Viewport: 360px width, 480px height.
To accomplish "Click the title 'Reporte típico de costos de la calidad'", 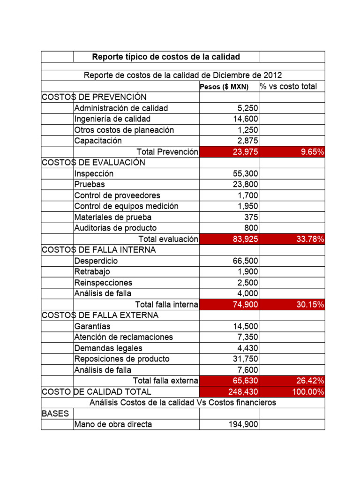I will [166, 57].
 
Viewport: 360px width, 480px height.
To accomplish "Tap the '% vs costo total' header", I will [288, 86].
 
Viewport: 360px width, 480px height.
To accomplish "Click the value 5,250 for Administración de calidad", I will [248, 108].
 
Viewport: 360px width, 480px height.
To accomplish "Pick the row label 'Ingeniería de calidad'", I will [112, 119].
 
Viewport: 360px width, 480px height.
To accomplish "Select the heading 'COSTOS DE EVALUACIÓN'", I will [93, 163].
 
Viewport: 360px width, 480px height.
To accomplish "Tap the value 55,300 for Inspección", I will [246, 173].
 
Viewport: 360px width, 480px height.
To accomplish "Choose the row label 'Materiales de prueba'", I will [113, 217].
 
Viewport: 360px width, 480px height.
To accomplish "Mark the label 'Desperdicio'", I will [96, 261].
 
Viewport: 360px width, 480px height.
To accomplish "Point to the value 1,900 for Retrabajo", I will [248, 272].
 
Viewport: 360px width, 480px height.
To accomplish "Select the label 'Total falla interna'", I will [166, 305].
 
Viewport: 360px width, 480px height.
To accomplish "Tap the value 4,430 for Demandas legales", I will [248, 348].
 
